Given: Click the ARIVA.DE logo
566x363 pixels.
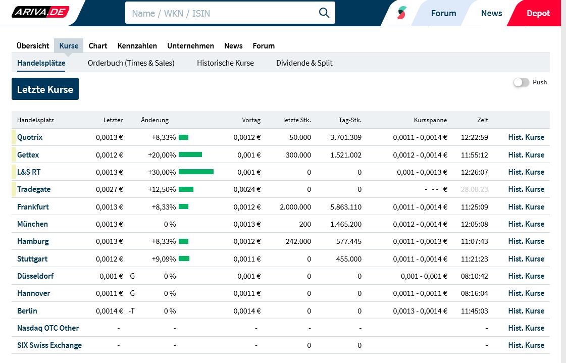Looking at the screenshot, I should [40, 12].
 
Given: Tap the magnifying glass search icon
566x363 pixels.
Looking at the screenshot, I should [324, 13].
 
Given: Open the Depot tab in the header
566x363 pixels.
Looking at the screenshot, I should [538, 13].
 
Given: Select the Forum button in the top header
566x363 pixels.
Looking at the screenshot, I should [443, 13].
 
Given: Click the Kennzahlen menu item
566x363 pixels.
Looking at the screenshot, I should [137, 45].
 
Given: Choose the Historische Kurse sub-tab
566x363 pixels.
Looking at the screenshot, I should [225, 63].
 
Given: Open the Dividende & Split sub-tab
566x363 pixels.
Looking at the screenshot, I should [304, 63].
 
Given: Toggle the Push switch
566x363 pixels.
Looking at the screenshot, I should [521, 82].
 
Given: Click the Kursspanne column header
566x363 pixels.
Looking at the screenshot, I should [430, 120].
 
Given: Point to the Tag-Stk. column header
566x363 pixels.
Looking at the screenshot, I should [350, 120].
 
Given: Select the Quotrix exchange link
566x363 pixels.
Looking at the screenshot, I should [30, 137].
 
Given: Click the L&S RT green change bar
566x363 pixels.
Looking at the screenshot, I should [196, 172].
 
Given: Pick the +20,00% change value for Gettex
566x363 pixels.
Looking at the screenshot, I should [162, 155].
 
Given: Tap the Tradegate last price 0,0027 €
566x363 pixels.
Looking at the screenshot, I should [110, 189].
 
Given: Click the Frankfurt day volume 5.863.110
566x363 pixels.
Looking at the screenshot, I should [346, 207].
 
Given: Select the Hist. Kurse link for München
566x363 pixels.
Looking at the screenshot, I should [526, 224].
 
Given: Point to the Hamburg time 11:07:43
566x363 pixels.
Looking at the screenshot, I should [474, 241].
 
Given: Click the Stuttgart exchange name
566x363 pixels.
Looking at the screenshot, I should [32, 259].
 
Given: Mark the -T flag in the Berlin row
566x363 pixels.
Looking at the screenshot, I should [131, 311].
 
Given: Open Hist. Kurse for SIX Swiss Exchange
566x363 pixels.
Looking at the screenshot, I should [526, 345].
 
